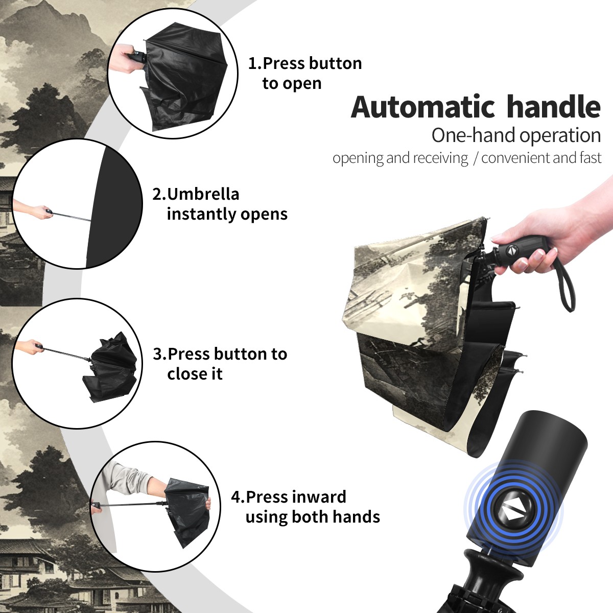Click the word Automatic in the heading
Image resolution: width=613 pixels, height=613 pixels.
click(x=423, y=107)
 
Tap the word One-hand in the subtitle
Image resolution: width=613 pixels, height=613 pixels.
click(x=474, y=135)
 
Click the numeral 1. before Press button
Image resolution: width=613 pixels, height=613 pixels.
click(x=255, y=63)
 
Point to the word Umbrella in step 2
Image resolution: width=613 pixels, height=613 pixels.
click(x=203, y=194)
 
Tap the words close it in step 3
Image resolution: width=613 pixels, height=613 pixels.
click(x=195, y=373)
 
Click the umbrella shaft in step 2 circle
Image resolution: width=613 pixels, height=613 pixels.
click(x=72, y=216)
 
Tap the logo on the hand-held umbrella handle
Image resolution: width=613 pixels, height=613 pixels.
click(x=511, y=250)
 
